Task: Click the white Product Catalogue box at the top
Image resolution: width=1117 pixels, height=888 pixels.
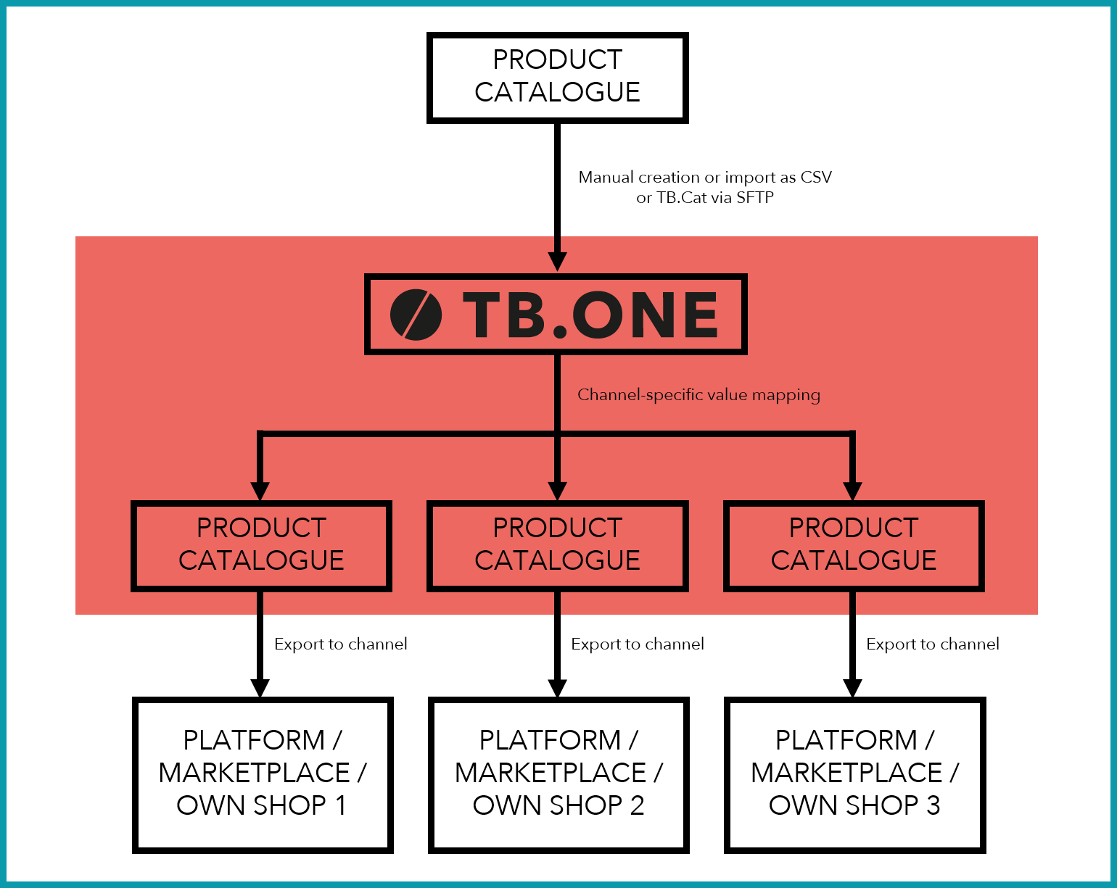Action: tap(558, 78)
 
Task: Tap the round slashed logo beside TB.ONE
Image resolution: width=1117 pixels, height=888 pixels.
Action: tap(416, 315)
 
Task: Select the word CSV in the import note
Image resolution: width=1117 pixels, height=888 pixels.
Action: tap(816, 178)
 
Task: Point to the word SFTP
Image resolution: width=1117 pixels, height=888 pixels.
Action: tap(755, 198)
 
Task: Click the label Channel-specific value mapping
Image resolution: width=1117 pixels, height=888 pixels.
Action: tap(698, 395)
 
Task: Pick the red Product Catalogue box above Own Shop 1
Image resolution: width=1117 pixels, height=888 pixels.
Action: tap(261, 546)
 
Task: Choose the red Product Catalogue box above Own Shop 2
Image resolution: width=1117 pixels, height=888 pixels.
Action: tap(558, 546)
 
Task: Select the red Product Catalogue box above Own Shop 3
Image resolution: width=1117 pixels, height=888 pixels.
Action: tap(854, 546)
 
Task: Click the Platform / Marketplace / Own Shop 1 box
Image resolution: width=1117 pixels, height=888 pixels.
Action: tap(263, 775)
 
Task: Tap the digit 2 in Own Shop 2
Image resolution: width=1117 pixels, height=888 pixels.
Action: tap(637, 805)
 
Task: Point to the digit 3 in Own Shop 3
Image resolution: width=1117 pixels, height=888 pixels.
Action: tap(933, 805)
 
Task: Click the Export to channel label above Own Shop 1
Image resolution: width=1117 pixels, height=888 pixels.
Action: tap(340, 644)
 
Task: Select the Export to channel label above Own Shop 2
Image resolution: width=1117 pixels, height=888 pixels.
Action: tap(638, 644)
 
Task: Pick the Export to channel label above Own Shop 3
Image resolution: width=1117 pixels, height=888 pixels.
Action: tap(933, 644)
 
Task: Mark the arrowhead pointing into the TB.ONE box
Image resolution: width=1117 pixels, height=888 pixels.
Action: tap(558, 262)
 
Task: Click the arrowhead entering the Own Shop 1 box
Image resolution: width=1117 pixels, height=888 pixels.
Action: tap(260, 689)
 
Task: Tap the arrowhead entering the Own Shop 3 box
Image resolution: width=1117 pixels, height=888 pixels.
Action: tap(852, 689)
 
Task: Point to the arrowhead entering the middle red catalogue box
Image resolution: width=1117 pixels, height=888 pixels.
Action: tap(558, 491)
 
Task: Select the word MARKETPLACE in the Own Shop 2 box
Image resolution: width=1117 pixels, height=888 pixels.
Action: tap(551, 773)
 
